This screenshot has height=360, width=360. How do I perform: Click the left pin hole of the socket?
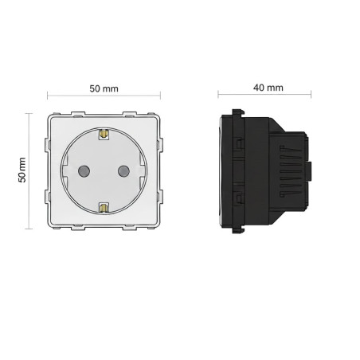pos(84,171)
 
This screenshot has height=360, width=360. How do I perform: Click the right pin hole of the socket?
pos(123,171)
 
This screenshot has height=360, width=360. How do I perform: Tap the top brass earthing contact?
pos(104,135)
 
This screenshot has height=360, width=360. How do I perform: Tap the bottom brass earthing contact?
pos(104,208)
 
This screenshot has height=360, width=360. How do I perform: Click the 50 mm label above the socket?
pos(104,88)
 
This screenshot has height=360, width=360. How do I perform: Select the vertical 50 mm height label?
pos(22,170)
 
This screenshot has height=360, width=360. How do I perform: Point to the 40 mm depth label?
pos(268,88)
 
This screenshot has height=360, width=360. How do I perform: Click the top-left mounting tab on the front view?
pos(78,114)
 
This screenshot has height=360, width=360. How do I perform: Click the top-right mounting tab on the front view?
pos(129,114)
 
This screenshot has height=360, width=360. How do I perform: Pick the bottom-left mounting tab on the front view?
pos(78,228)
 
